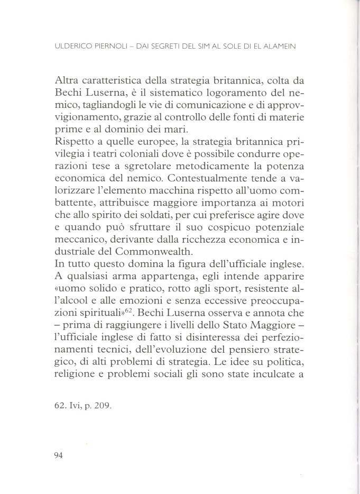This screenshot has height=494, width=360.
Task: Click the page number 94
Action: pyautogui.click(x=59, y=457)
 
